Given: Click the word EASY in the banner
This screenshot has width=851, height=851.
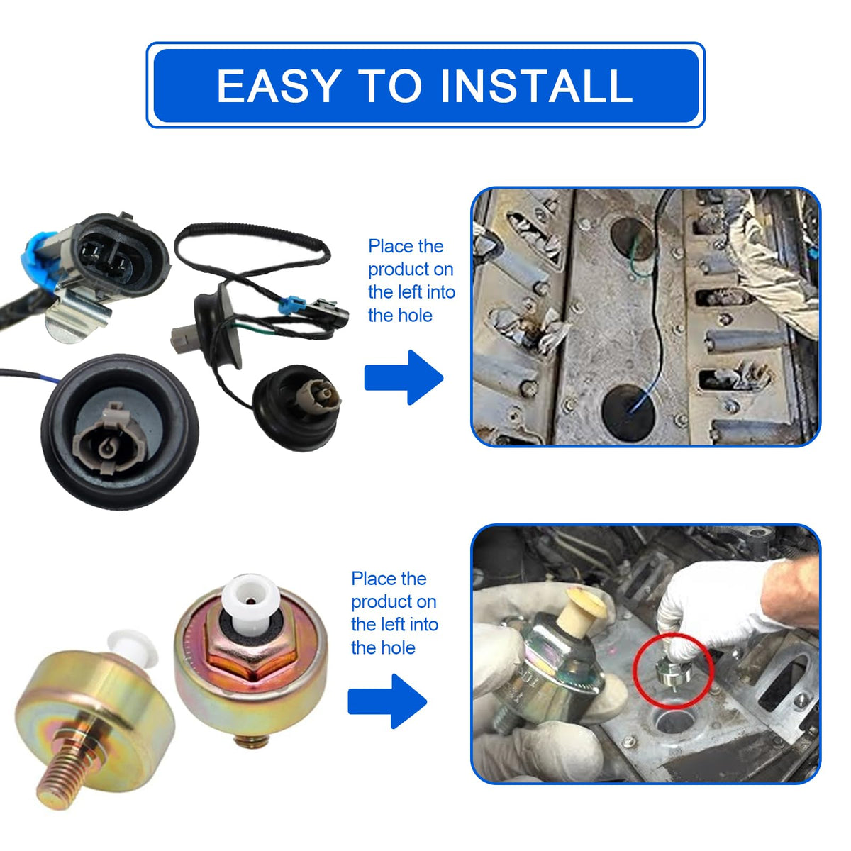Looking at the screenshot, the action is pyautogui.click(x=279, y=86).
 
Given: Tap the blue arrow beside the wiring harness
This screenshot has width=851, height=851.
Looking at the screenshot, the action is pyautogui.click(x=404, y=377).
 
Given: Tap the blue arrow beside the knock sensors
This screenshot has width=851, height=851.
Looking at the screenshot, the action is pyautogui.click(x=387, y=701).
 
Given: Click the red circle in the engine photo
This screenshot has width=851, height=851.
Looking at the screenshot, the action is pyautogui.click(x=673, y=669).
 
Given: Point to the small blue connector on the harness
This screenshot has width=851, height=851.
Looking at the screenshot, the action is pyautogui.click(x=291, y=305).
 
